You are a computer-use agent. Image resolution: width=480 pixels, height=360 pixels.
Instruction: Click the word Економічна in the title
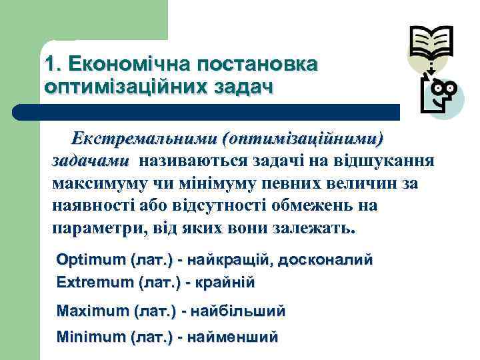[125, 65]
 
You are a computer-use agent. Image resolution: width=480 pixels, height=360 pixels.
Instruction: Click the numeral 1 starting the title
[50, 65]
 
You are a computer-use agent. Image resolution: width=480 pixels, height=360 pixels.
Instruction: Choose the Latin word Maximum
[93, 311]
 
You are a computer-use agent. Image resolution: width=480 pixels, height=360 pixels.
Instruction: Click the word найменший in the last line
[233, 337]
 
